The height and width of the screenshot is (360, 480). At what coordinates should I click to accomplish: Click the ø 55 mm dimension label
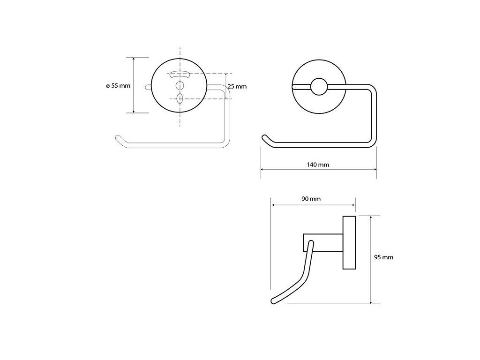[118, 86]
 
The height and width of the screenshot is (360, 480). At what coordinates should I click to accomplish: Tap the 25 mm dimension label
[237, 86]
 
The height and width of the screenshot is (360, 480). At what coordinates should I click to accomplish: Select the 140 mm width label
[319, 165]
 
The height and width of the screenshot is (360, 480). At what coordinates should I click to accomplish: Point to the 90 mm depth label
[311, 199]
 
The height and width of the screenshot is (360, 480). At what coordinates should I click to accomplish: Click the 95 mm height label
[383, 257]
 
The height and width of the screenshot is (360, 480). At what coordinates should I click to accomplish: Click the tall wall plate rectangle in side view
[349, 243]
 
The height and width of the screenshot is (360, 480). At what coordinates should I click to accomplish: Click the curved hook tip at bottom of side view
[273, 301]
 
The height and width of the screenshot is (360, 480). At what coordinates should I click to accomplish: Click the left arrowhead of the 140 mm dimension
[262, 169]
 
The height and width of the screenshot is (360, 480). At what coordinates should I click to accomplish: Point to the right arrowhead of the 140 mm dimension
[375, 169]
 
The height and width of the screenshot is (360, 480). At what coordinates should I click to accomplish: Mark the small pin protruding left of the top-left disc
[149, 86]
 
